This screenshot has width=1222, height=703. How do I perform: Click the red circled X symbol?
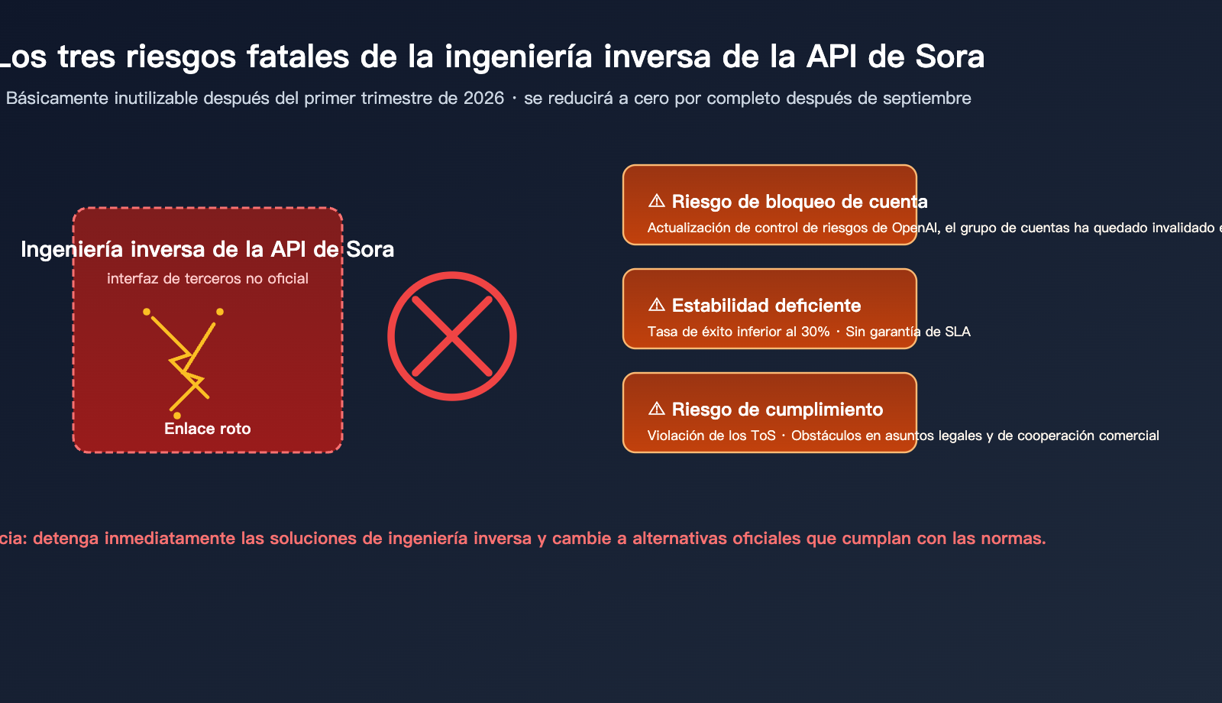tap(452, 336)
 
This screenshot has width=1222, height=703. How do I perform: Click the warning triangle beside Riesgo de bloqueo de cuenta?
tap(656, 201)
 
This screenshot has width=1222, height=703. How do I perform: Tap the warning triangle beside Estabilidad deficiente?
tap(656, 305)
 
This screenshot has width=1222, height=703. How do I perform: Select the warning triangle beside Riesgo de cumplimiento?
tap(656, 409)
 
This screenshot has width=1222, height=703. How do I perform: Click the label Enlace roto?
tap(208, 429)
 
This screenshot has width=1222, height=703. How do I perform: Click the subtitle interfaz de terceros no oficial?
tap(208, 279)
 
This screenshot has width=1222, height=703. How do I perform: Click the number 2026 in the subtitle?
tap(483, 99)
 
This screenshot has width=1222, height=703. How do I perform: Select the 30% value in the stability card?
tap(815, 332)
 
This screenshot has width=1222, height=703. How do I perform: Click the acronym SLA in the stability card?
tap(958, 332)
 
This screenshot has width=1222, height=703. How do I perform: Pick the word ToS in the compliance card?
tap(761, 436)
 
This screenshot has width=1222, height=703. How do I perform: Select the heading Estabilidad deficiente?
tap(766, 306)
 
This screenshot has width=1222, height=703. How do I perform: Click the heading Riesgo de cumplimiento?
tap(777, 410)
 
